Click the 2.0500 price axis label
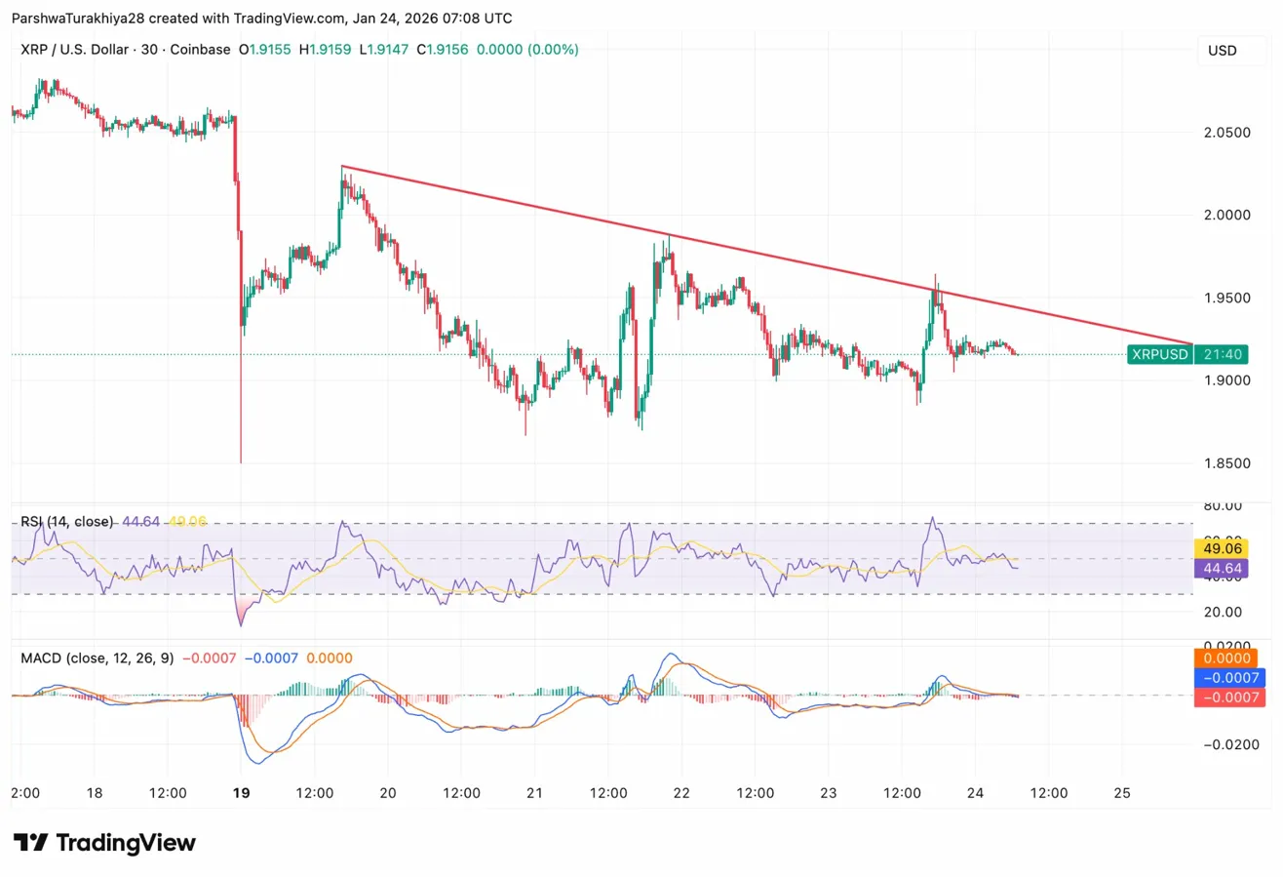(1226, 132)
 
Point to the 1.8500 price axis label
(1226, 463)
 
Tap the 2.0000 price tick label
(1226, 215)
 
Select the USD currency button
(1222, 51)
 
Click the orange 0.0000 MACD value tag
(1231, 659)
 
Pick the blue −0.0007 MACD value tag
(1231, 678)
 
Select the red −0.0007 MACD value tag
(1231, 697)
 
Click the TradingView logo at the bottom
(104, 843)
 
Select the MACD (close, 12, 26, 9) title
(97, 658)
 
